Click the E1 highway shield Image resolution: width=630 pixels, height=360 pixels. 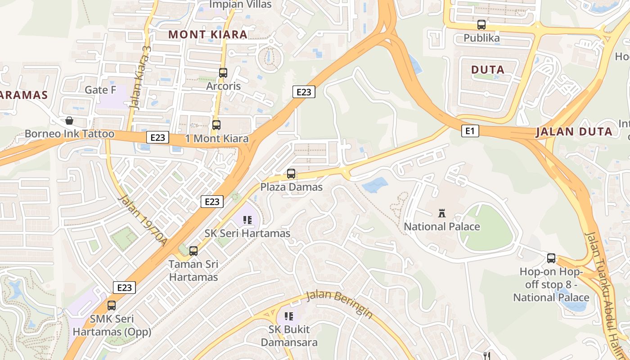(470, 131)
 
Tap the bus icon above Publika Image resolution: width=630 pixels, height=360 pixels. (481, 25)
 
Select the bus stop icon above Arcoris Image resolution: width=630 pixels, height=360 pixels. (223, 72)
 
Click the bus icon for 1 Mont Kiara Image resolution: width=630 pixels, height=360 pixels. (216, 125)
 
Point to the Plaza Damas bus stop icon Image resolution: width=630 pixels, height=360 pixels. (291, 174)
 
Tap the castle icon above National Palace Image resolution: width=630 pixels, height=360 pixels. (441, 213)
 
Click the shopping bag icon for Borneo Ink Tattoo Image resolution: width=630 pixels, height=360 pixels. (69, 121)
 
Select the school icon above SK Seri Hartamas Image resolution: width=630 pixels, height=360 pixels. (247, 220)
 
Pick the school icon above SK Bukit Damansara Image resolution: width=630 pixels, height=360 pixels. (289, 316)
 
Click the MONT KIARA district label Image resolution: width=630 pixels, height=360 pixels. (208, 35)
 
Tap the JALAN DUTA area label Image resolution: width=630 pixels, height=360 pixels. (574, 132)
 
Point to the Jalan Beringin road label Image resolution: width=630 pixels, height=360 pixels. (340, 305)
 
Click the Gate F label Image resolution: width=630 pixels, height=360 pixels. (100, 90)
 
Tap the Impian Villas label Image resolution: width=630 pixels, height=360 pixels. (241, 4)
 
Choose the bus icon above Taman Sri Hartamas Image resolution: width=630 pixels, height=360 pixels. (193, 251)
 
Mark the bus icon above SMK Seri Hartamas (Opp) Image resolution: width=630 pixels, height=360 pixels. (112, 306)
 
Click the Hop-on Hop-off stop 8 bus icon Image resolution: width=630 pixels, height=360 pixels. (551, 258)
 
